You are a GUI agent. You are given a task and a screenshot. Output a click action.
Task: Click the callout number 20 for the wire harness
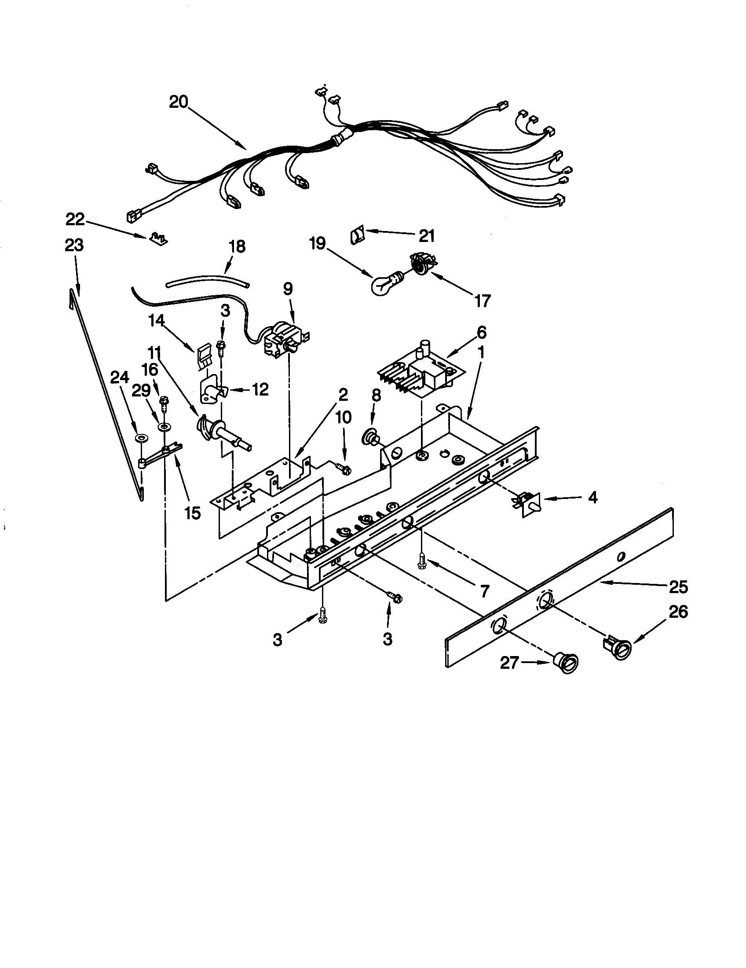[x=178, y=103]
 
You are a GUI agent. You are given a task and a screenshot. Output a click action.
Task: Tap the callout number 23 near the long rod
[x=74, y=245]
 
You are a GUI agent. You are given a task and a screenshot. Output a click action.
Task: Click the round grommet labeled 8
[x=370, y=439]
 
